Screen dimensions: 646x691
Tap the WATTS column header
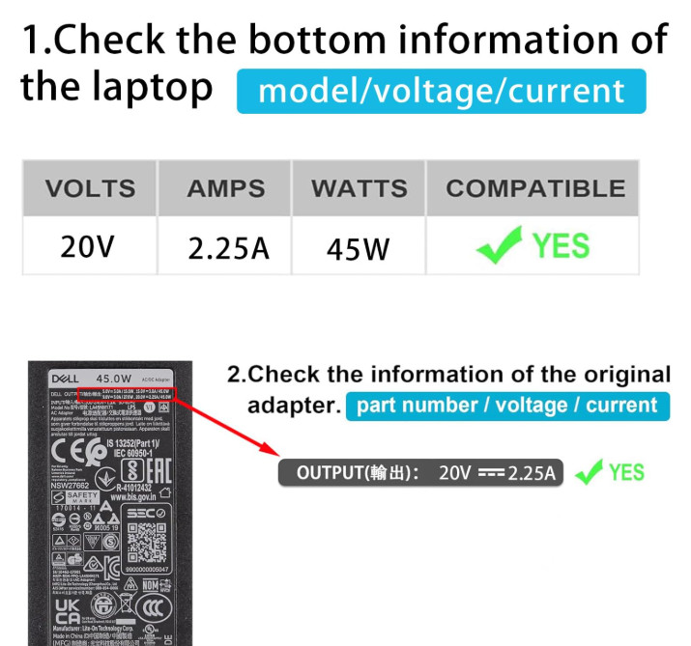click(359, 188)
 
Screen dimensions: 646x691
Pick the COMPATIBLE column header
click(534, 188)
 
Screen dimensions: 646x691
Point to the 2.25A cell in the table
click(228, 249)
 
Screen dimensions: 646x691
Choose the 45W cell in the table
click(358, 249)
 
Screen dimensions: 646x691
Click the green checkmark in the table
click(500, 245)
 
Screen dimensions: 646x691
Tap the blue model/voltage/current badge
click(441, 92)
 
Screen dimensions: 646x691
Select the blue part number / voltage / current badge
click(507, 406)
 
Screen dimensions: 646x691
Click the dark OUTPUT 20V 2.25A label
click(420, 473)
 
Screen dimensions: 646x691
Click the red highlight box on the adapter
click(137, 394)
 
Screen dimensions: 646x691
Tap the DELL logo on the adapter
click(65, 378)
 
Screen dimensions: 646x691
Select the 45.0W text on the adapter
click(112, 378)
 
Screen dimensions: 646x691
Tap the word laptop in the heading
click(151, 87)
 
